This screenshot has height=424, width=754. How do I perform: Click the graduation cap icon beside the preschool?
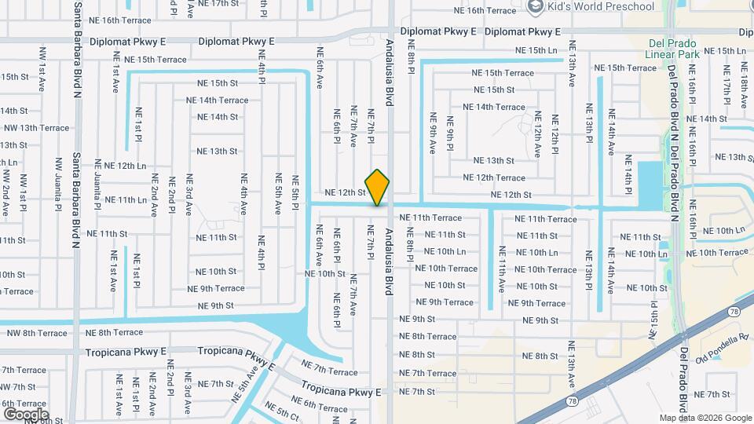click(536, 7)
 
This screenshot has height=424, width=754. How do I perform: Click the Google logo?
click(26, 414)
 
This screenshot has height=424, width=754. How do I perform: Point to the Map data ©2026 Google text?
click(705, 418)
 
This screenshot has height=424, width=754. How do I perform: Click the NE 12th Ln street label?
click(120, 166)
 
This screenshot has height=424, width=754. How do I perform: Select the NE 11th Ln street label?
click(120, 199)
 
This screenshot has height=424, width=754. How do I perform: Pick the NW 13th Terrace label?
click(36, 127)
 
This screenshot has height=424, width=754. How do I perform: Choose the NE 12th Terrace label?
click(494, 178)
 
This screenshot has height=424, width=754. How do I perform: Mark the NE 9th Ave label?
click(433, 133)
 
